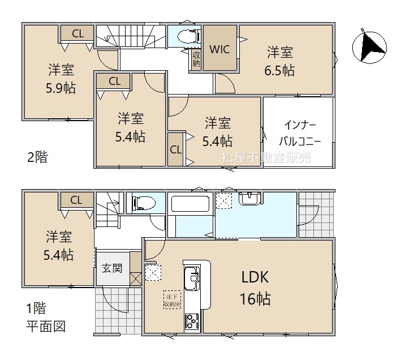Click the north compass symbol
click(x=369, y=48)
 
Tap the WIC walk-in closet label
click(x=219, y=49)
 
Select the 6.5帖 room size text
click(x=279, y=70)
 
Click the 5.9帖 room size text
click(x=61, y=88)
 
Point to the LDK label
click(x=255, y=277)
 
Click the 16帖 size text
click(x=255, y=299)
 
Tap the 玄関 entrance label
click(x=112, y=268)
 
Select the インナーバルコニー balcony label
click(x=300, y=134)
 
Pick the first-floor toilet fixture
click(x=144, y=202)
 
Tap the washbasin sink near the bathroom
click(x=249, y=199)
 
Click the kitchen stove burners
click(x=192, y=322)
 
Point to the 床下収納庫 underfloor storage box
click(x=173, y=300)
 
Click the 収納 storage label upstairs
click(x=196, y=59)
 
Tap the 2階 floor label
click(x=37, y=157)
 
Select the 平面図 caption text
click(x=46, y=327)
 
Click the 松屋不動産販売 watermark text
click(x=266, y=157)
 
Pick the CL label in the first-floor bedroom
click(x=76, y=200)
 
